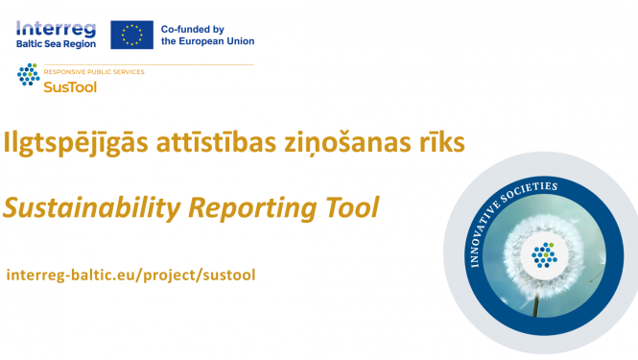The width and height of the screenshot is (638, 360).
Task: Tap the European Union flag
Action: (131, 35)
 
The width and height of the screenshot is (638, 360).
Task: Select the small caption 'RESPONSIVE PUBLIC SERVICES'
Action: (94, 72)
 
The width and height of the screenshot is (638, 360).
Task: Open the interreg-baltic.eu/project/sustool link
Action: (130, 275)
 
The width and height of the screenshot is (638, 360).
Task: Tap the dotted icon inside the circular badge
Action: (544, 253)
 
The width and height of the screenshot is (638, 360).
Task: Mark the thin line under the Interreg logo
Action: (134, 64)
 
